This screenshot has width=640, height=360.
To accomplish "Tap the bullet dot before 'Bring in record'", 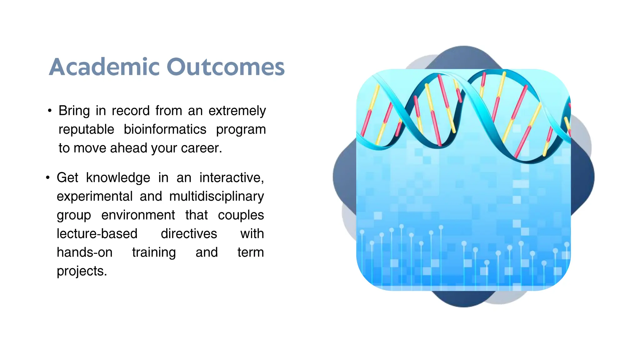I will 49,111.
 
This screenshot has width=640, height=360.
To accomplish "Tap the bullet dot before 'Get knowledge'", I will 47,178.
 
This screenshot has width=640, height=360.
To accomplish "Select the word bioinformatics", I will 165,129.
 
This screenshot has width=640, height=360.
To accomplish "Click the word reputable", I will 86,129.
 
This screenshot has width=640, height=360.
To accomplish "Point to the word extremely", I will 237,111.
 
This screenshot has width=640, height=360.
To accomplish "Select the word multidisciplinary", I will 217,197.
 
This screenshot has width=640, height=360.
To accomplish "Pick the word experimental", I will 95,197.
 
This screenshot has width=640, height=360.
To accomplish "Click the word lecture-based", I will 97,234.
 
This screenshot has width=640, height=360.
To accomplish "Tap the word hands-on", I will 84,252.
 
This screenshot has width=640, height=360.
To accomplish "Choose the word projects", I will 82,271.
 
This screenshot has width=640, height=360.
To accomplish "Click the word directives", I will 189,234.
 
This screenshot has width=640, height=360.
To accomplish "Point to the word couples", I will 241,215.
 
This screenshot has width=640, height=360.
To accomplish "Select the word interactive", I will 232,178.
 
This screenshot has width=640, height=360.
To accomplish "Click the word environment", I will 138,215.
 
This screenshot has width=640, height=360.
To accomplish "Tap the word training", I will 154,252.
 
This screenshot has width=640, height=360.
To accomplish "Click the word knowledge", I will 118,178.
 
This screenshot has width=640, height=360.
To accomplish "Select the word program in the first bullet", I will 241,129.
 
